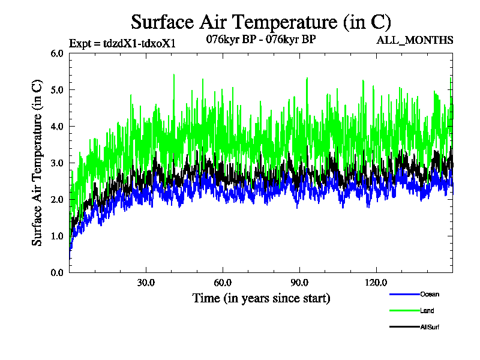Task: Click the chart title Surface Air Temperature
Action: (261, 22)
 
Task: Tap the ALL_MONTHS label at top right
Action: (414, 41)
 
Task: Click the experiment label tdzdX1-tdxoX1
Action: (122, 44)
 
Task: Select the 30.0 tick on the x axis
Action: (146, 283)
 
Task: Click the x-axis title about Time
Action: (261, 298)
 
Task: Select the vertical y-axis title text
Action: (37, 163)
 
